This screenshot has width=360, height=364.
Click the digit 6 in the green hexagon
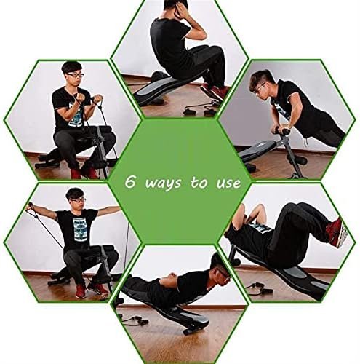tap(130, 181)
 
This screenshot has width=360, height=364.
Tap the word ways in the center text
tap(163, 183)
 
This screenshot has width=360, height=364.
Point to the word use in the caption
tap(228, 183)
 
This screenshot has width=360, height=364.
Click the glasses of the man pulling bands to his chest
tap(76, 75)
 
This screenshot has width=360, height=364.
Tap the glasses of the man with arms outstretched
tap(78, 200)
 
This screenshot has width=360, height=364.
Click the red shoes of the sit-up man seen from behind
tap(215, 92)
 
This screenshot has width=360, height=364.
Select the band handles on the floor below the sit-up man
tap(199, 111)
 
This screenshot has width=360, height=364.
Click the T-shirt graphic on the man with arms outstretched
tap(78, 229)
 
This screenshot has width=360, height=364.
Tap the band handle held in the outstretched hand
tap(30, 207)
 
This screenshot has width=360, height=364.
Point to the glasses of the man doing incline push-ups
tap(259, 87)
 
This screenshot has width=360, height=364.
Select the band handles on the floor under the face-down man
tap(135, 320)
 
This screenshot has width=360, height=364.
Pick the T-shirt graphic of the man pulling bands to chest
tap(75, 114)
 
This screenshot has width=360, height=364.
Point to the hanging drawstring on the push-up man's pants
tap(306, 142)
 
